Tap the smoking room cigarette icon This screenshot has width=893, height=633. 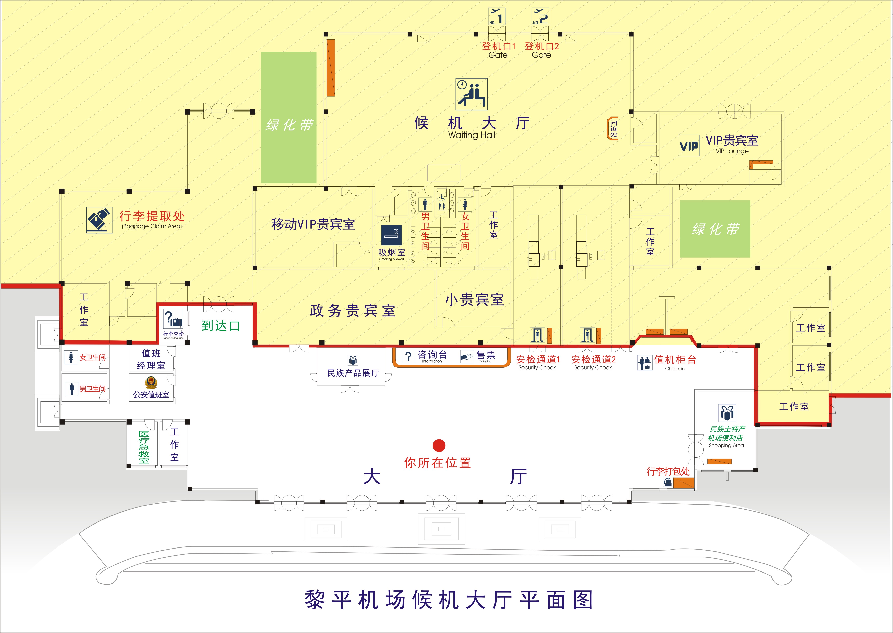point(391,235)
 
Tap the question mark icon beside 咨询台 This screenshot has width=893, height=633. point(408,356)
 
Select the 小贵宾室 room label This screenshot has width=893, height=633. point(475,299)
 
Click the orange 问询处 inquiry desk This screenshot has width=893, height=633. point(613,128)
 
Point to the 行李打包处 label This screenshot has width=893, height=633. point(668,471)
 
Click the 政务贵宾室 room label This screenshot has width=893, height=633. point(353,311)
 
